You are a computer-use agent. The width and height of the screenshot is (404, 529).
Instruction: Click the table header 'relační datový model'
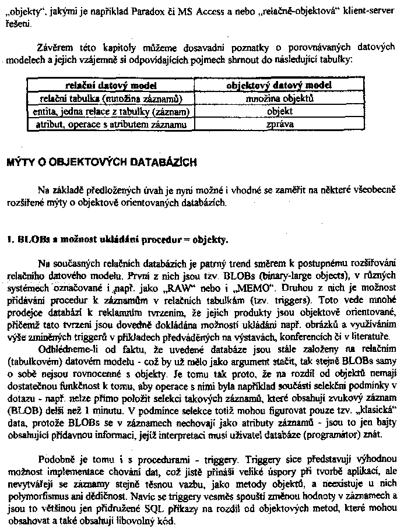tap(111, 85)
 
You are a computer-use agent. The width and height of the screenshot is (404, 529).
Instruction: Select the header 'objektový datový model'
tap(279, 85)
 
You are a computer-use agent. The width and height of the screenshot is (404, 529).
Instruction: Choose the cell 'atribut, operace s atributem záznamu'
tap(111, 124)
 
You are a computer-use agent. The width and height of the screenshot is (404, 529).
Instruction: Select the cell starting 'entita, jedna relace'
tap(111, 111)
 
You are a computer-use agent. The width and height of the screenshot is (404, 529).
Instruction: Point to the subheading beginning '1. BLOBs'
tap(117, 239)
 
